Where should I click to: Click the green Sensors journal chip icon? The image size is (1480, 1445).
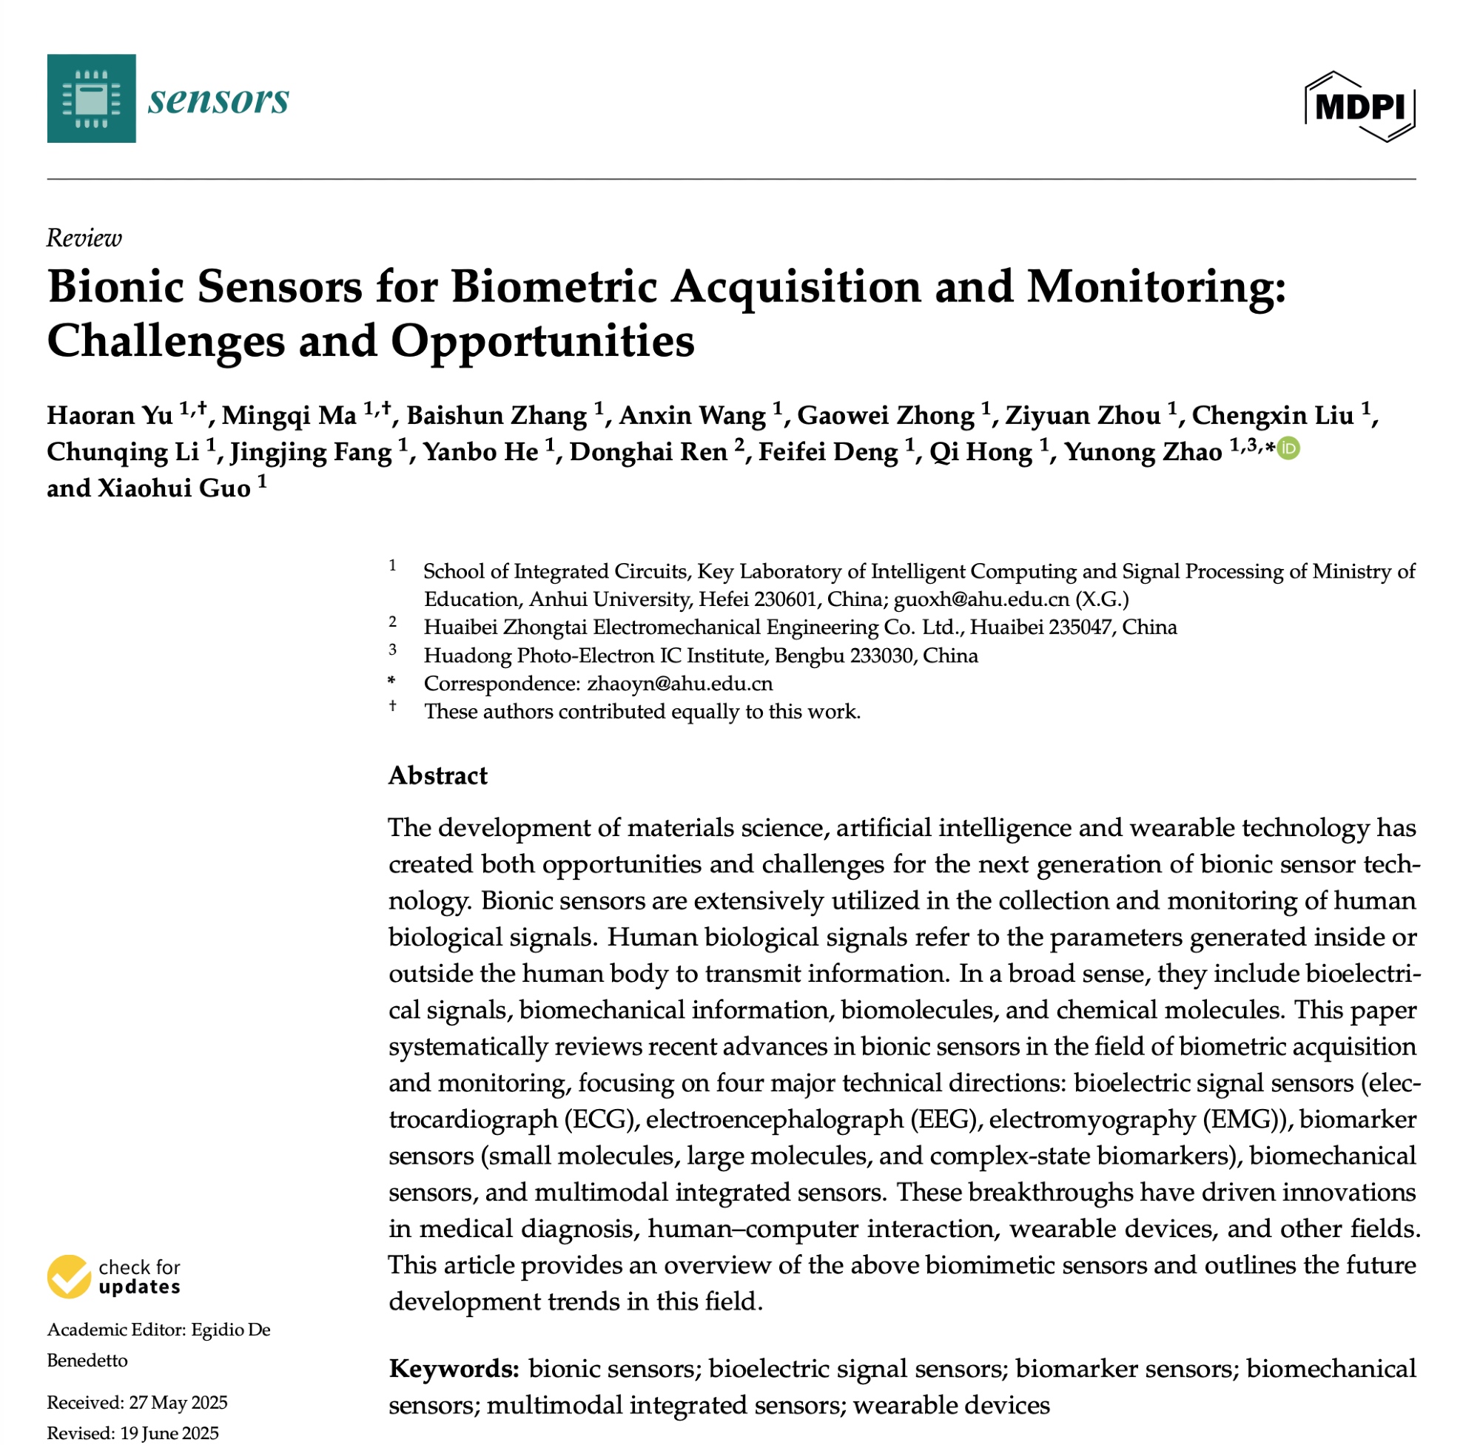point(91,98)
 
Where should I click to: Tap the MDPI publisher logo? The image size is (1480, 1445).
point(1359,107)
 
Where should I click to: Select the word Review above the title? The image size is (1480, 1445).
point(84,238)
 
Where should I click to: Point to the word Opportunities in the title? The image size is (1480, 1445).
point(542,341)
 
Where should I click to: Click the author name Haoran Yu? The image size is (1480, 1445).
point(110,416)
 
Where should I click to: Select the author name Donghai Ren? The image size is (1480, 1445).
point(648,452)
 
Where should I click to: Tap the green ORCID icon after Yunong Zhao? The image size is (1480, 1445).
point(1288,449)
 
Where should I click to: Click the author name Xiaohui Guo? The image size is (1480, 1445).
point(174,488)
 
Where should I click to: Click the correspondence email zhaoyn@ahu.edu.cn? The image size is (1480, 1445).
point(680,684)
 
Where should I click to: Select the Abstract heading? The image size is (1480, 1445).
point(438,775)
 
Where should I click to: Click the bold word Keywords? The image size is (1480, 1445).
point(454,1368)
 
